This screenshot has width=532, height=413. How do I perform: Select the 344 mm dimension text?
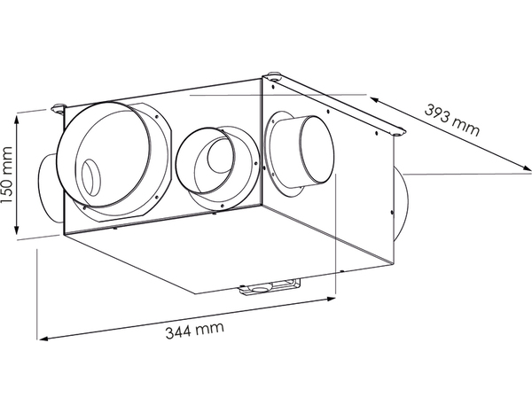[193, 330]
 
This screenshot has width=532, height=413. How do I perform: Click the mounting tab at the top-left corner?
[60, 110]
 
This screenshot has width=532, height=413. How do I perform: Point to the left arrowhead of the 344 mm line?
[39, 338]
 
